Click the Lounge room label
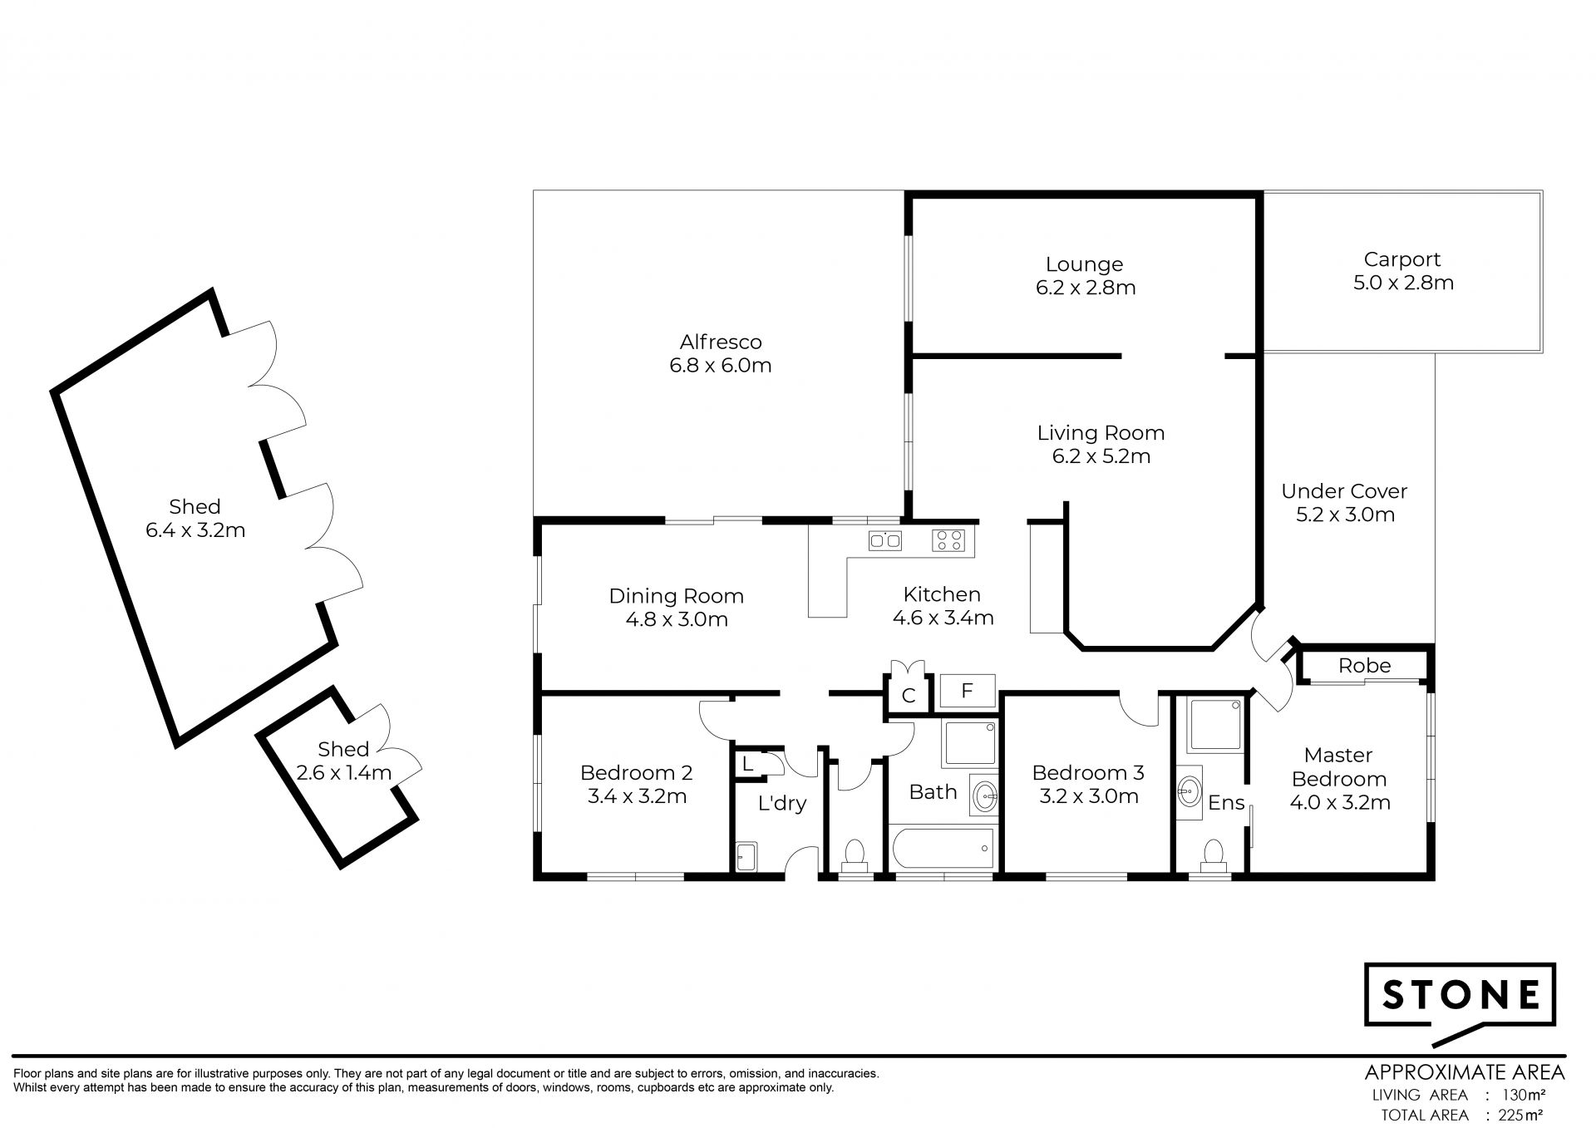[1084, 264]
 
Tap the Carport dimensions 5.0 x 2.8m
[1403, 283]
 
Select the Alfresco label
[721, 342]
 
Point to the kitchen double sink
[885, 540]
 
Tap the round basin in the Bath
[985, 796]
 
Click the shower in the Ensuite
[1217, 726]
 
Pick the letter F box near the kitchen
[967, 691]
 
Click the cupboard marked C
[909, 694]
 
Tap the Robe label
[1365, 666]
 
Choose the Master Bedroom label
[1339, 767]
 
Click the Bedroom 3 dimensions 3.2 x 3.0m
[1089, 796]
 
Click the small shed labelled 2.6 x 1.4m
[337, 779]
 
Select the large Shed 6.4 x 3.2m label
[195, 519]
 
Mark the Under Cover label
[1345, 491]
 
